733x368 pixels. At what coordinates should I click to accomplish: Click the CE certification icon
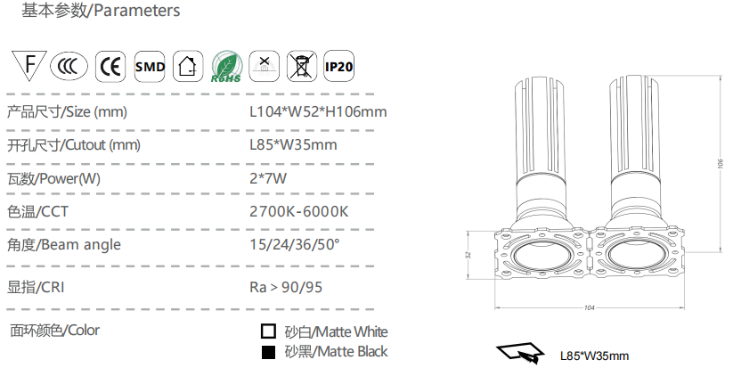[110, 66]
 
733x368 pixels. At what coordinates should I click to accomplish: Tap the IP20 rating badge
[339, 66]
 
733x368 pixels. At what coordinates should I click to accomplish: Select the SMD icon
[150, 66]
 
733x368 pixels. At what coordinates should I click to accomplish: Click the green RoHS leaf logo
[227, 67]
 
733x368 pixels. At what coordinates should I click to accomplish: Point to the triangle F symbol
[29, 64]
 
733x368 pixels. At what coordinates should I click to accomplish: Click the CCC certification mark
[69, 66]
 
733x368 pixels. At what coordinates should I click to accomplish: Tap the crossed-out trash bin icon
[302, 66]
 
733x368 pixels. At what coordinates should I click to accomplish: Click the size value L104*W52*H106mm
[318, 111]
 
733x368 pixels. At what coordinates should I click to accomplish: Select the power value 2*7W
[268, 178]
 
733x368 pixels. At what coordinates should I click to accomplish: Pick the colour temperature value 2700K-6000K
[299, 211]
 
